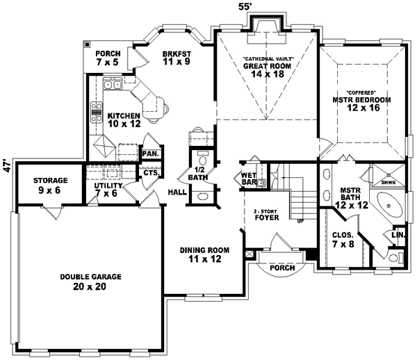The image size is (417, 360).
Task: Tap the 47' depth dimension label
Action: [6, 167]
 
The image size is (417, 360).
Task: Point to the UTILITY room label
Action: [108, 190]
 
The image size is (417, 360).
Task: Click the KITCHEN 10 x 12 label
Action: [124, 119]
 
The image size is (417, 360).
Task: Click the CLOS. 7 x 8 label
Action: [341, 240]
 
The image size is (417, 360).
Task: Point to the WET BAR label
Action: [249, 179]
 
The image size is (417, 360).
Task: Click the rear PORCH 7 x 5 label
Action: [108, 58]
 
